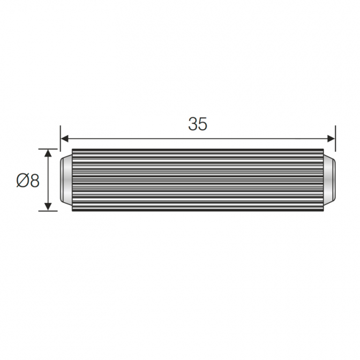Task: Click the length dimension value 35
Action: (x=198, y=124)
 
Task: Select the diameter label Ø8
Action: (x=28, y=180)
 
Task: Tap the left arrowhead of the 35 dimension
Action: (x=65, y=139)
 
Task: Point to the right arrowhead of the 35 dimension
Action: (x=331, y=139)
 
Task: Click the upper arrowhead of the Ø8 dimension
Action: (x=48, y=153)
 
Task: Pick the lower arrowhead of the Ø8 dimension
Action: (x=48, y=207)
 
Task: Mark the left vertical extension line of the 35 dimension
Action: (x=61, y=138)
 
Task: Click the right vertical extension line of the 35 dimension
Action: (x=335, y=138)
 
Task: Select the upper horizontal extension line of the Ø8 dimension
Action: (x=48, y=149)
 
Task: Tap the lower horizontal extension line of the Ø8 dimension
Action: (x=48, y=211)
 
